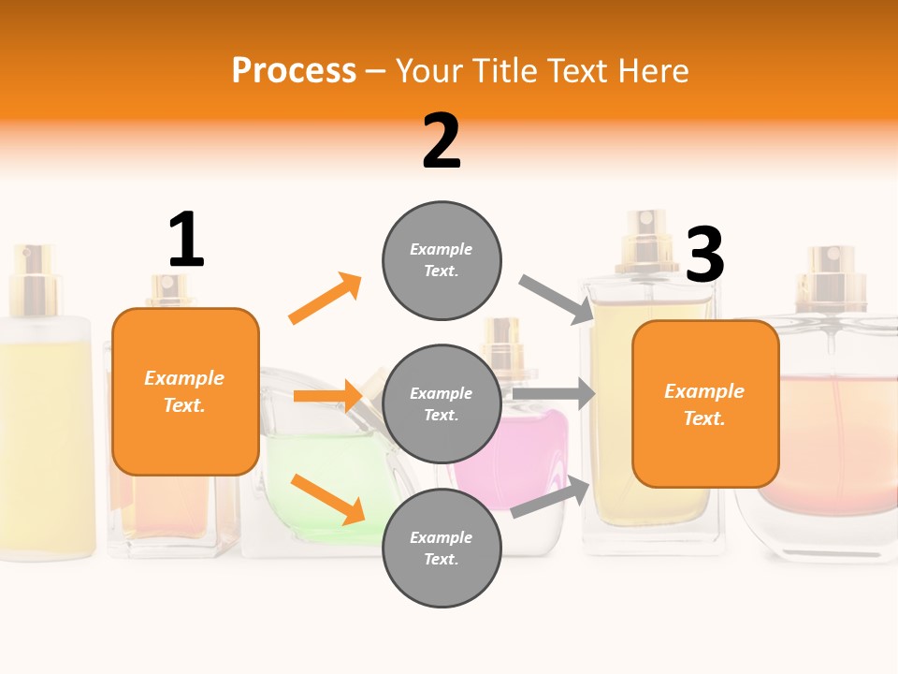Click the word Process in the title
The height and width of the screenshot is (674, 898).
(x=294, y=71)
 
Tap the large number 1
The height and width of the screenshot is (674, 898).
(x=186, y=240)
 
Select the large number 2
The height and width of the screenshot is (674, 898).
(x=442, y=140)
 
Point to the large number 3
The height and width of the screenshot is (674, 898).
(x=704, y=255)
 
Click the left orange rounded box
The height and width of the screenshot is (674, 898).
(x=185, y=391)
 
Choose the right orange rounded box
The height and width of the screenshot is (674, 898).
(x=705, y=403)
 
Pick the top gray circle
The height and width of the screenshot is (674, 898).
(x=442, y=259)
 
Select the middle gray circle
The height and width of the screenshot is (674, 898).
(x=442, y=403)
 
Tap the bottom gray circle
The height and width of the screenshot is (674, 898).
(x=442, y=548)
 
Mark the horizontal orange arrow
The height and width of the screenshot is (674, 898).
(x=327, y=396)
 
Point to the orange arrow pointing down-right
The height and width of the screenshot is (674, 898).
(x=327, y=498)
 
